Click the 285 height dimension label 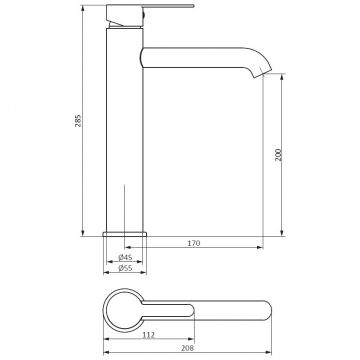[78, 121]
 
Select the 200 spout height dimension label [278, 155]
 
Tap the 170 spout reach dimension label [194, 243]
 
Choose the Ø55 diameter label [125, 268]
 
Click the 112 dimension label [149, 335]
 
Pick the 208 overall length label [187, 348]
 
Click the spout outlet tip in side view [263, 74]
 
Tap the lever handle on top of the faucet [150, 6]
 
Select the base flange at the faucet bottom [125, 234]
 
